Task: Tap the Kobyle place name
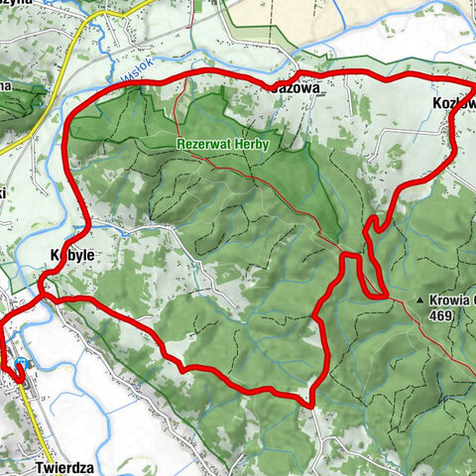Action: tap(71, 255)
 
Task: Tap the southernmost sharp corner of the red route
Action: tap(311, 405)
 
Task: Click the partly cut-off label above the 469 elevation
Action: tap(455, 298)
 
